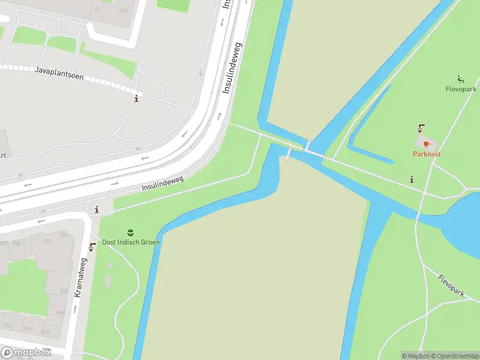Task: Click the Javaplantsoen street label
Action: pyautogui.click(x=59, y=74)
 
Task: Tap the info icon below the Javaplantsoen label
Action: pyautogui.click(x=136, y=98)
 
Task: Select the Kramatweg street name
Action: pyautogui.click(x=78, y=278)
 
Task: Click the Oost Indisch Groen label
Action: pyautogui.click(x=131, y=242)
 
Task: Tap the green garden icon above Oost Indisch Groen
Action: pyautogui.click(x=130, y=232)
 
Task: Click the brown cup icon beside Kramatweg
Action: pyautogui.click(x=92, y=247)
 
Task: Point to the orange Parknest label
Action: pyautogui.click(x=427, y=154)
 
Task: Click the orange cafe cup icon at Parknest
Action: pyautogui.click(x=427, y=144)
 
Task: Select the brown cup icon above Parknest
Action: pyautogui.click(x=421, y=128)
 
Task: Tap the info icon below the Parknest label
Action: pyautogui.click(x=412, y=179)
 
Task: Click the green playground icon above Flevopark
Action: pyautogui.click(x=460, y=79)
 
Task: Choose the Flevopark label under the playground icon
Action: pyautogui.click(x=461, y=89)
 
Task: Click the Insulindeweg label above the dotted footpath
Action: pyautogui.click(x=162, y=183)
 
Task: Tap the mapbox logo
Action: pyautogui.click(x=25, y=353)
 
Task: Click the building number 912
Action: pyautogui.click(x=47, y=242)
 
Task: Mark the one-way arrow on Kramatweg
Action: pyautogui.click(x=75, y=308)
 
